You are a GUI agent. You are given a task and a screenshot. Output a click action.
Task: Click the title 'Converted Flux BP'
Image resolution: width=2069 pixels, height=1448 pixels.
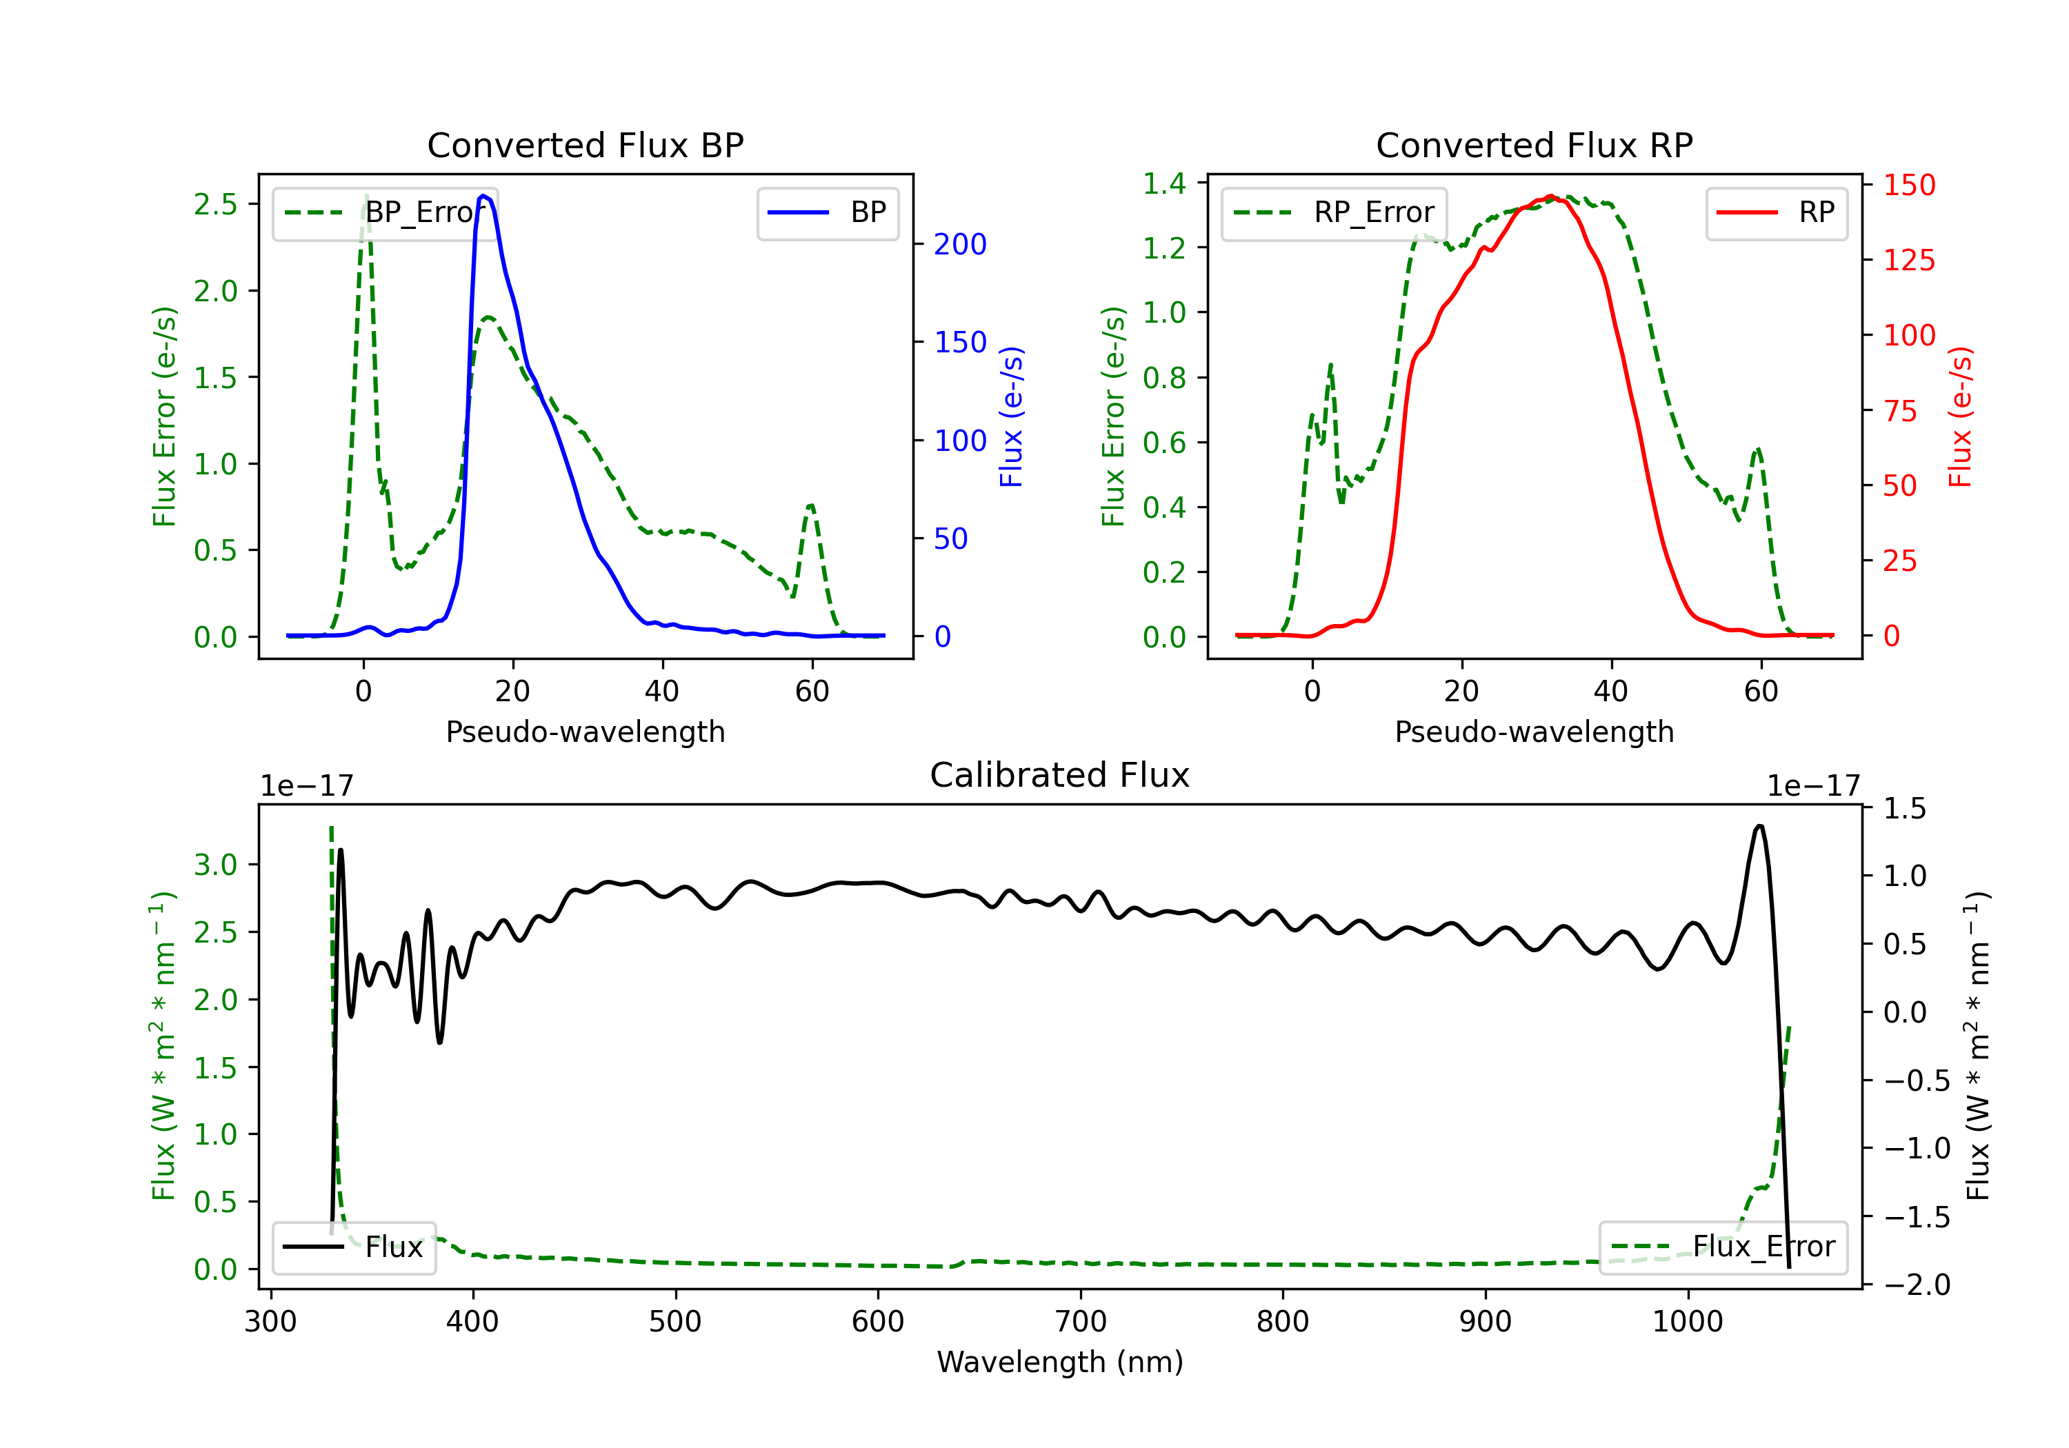tap(585, 145)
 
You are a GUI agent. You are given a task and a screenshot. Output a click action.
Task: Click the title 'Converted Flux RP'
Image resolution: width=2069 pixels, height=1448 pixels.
tap(1534, 145)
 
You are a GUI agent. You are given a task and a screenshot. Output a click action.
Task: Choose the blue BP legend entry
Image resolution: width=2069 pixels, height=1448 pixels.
tap(827, 212)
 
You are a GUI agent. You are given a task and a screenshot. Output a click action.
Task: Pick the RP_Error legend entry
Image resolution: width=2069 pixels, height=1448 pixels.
tap(1334, 212)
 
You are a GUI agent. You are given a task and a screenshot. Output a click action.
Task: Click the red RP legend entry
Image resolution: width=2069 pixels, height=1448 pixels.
tap(1776, 212)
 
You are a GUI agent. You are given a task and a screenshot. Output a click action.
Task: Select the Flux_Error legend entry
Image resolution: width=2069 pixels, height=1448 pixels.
tap(1723, 1247)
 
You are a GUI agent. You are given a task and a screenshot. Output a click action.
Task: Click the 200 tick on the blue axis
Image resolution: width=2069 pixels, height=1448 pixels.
tap(960, 244)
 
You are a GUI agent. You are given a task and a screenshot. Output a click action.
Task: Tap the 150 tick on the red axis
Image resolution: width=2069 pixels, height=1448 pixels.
tap(1908, 185)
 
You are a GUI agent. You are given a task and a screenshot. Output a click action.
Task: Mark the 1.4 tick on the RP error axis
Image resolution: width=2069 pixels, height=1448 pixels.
tap(1164, 184)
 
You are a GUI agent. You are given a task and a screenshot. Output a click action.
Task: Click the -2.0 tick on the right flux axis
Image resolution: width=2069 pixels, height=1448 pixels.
tap(1917, 1284)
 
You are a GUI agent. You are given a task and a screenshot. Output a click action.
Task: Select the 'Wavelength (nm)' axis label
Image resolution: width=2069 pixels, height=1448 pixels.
tap(1060, 1362)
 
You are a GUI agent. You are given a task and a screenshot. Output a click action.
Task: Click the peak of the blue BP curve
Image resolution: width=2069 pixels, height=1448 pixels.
tap(484, 196)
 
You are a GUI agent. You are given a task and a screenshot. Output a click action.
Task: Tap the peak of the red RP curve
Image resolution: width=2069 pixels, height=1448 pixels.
tap(1550, 196)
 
